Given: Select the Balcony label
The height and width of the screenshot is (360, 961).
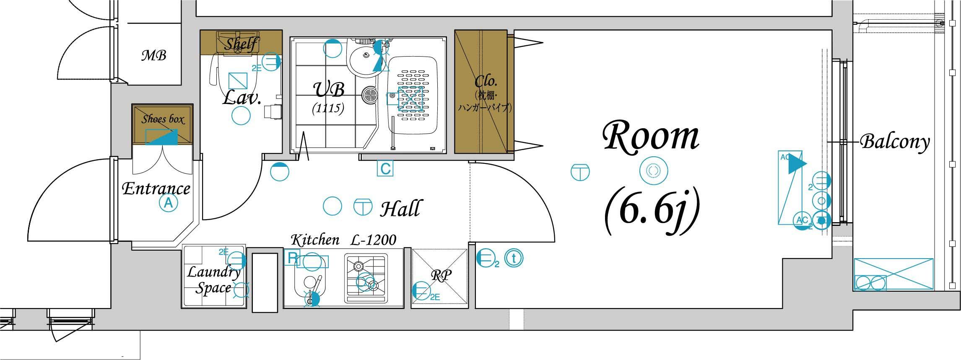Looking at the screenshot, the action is click(x=895, y=143).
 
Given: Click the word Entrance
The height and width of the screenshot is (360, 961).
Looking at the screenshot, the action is click(x=156, y=189).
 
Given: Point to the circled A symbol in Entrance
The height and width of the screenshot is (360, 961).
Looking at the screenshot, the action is click(x=168, y=204).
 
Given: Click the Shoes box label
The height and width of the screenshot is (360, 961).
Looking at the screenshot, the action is click(x=163, y=119).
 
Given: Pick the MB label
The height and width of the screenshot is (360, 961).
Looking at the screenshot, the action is click(x=153, y=55).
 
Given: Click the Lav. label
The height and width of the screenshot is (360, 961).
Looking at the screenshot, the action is click(x=242, y=98).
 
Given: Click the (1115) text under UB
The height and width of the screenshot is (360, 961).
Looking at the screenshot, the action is click(x=328, y=109).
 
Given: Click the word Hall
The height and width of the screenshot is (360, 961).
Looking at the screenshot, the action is click(x=400, y=208).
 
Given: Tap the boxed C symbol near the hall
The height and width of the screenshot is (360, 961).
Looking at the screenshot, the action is click(x=385, y=169).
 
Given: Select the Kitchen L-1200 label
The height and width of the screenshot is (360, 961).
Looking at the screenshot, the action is click(x=343, y=240).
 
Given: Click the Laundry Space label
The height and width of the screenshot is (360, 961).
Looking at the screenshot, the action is click(x=214, y=280).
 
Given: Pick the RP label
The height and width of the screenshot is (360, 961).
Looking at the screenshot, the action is click(x=441, y=275).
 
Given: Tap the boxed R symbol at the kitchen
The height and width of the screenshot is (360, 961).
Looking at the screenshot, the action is click(x=292, y=258).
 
